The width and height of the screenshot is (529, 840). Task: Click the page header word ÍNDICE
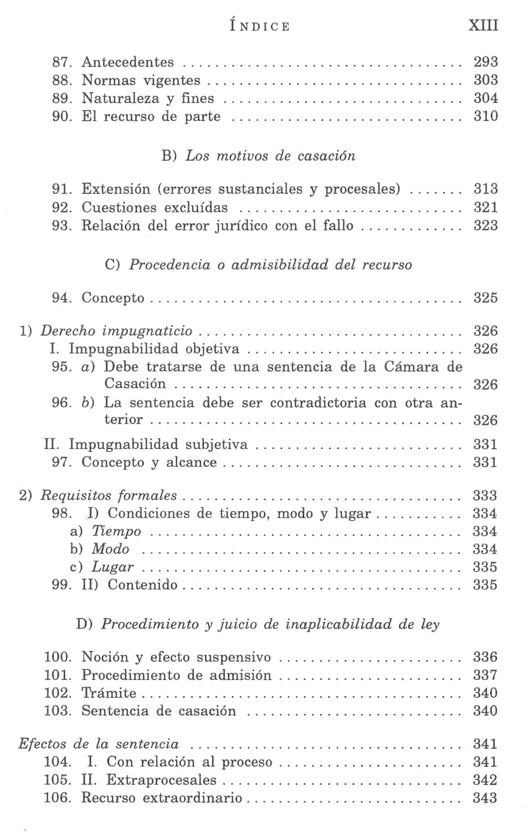click(260, 26)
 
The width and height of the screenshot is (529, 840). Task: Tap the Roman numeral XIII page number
click(483, 25)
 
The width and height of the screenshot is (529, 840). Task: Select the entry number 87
click(62, 62)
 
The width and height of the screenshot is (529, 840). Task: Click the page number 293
click(485, 61)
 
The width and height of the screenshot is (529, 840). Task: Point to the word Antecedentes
click(127, 62)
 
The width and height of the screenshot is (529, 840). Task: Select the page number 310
click(485, 116)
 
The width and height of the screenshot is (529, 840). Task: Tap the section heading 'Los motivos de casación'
click(270, 156)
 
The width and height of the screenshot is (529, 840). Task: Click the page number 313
click(485, 189)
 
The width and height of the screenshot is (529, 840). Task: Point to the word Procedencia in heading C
click(170, 265)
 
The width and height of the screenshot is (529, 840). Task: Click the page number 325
click(485, 297)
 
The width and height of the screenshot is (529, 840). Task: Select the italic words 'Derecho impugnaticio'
click(116, 331)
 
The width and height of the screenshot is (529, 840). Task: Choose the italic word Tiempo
click(116, 531)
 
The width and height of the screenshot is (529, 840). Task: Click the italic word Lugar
click(112, 567)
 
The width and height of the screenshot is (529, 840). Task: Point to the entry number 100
click(58, 657)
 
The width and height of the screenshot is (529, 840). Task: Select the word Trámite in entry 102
click(109, 693)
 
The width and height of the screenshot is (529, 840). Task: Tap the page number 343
click(485, 798)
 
